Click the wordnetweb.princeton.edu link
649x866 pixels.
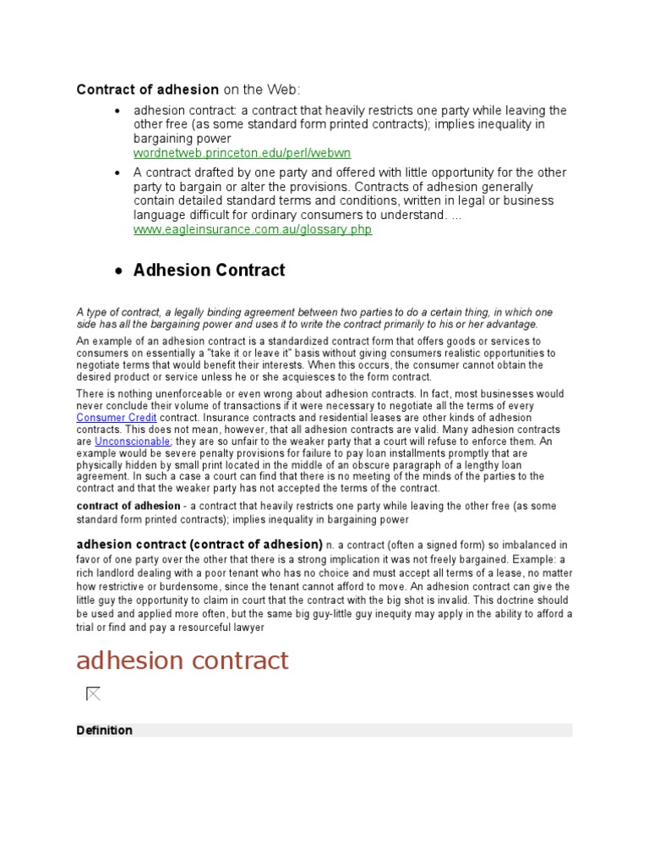[242, 153]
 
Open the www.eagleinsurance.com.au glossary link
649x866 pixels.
[252, 229]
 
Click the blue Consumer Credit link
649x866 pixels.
[117, 418]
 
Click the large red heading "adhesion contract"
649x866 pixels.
[183, 660]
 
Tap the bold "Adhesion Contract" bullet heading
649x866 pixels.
[209, 271]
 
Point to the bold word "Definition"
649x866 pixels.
[104, 730]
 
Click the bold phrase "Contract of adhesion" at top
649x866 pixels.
[148, 90]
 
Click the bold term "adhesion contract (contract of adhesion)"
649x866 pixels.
[199, 544]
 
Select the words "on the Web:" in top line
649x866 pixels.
[261, 90]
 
